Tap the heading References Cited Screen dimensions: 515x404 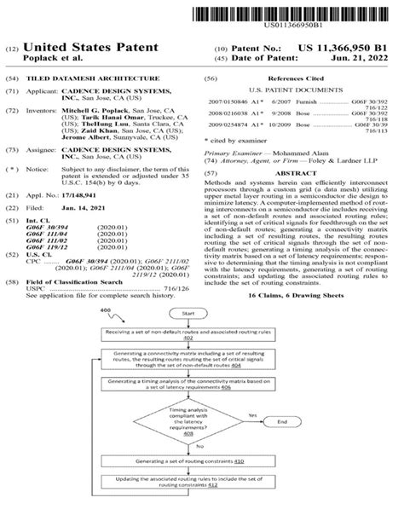[x=293, y=78]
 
